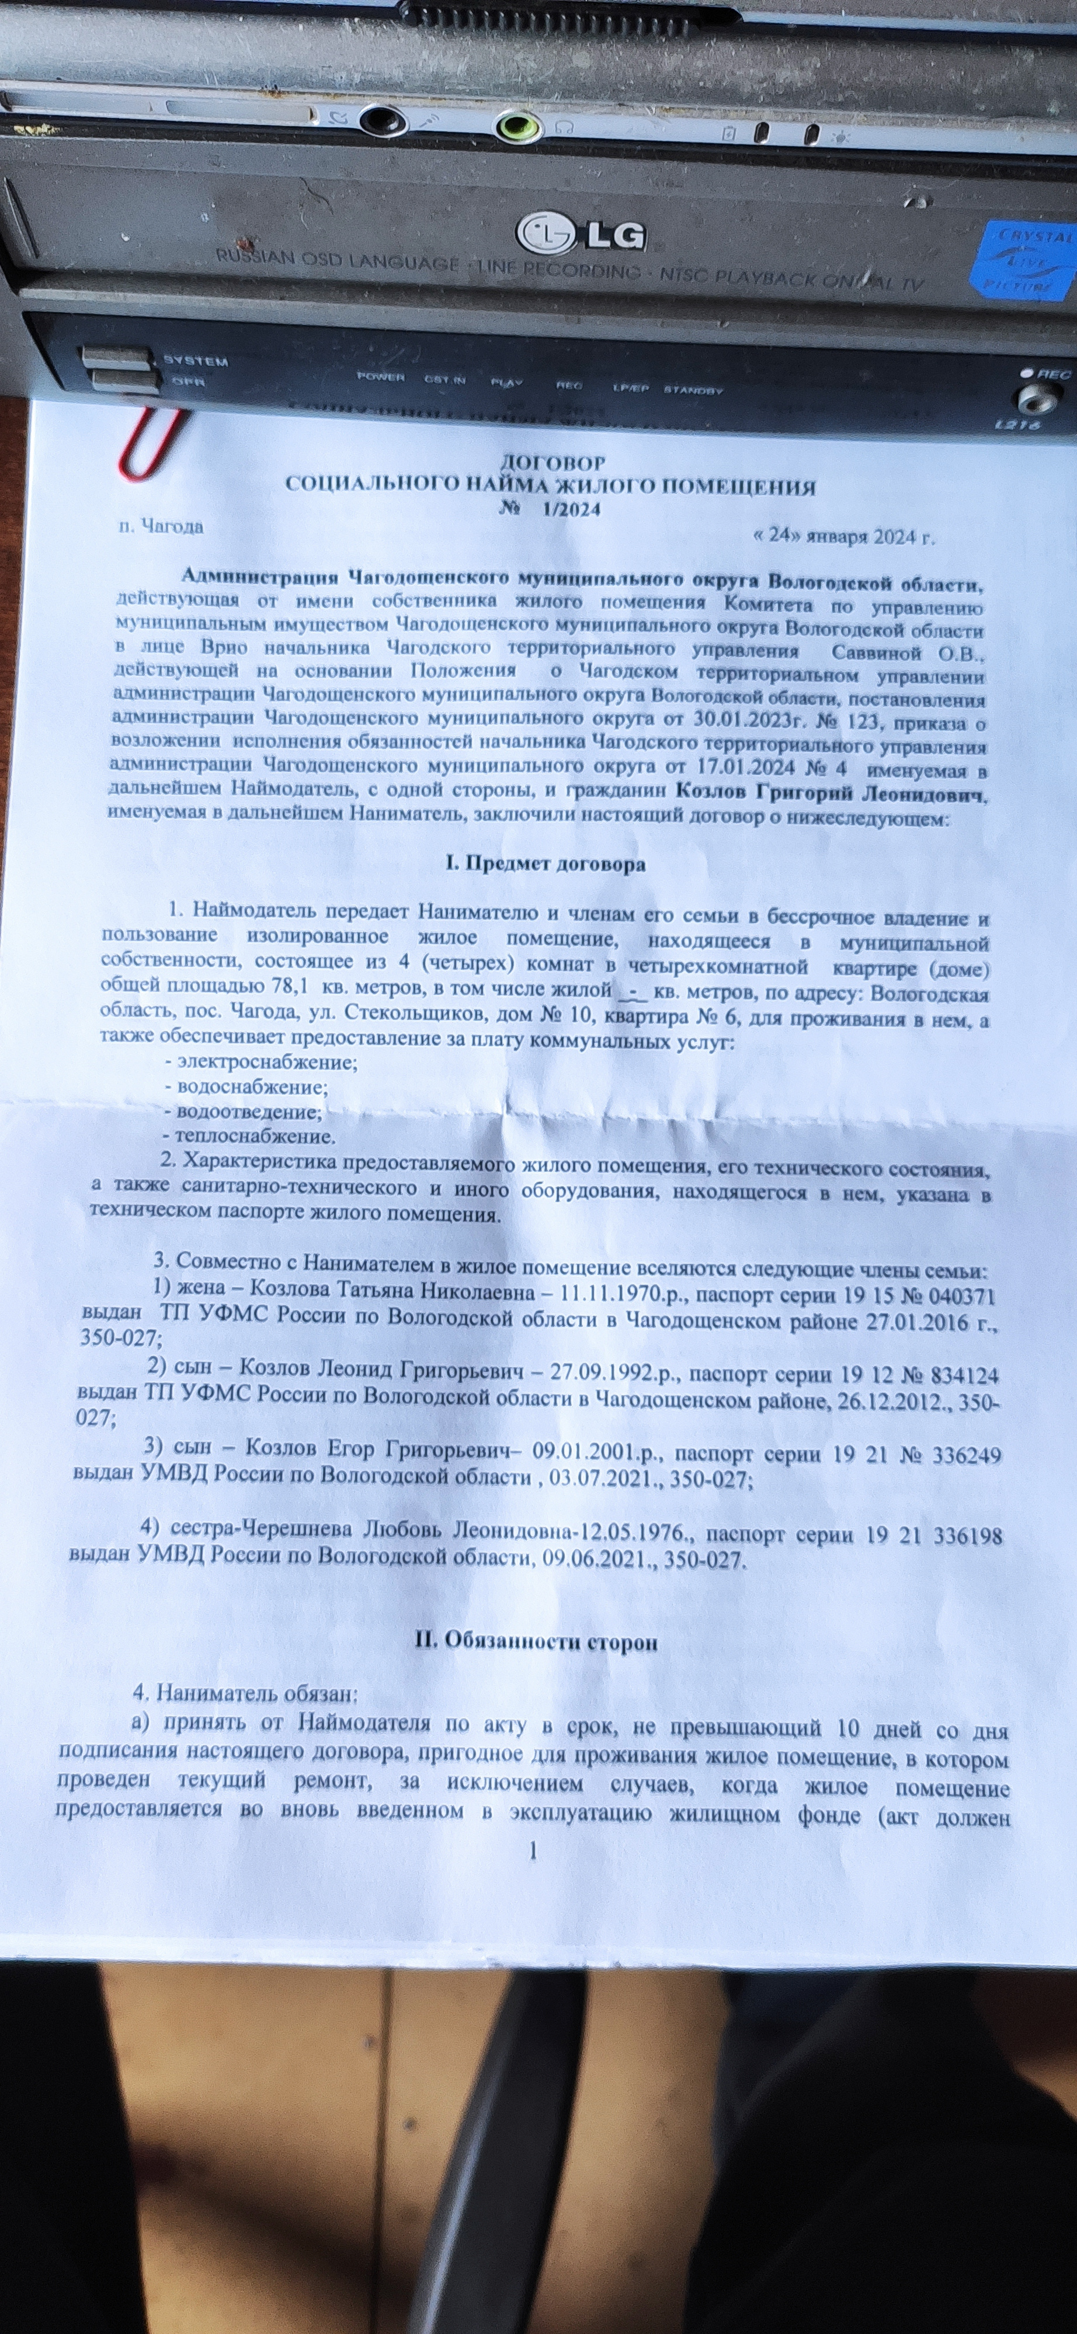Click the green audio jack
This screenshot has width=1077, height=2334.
pyautogui.click(x=519, y=127)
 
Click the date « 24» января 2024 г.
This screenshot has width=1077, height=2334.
pyautogui.click(x=843, y=536)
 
